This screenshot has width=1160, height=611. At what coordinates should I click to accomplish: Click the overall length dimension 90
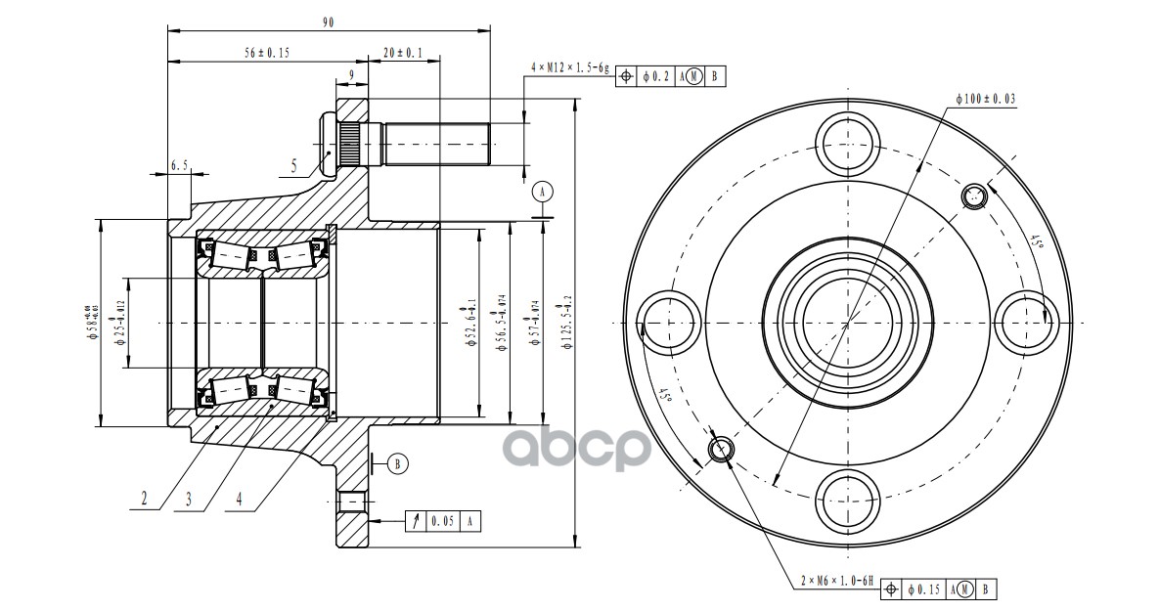click(x=327, y=22)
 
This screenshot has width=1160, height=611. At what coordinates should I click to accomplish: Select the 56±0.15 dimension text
click(x=267, y=53)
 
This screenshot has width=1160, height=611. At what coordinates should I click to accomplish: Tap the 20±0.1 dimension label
click(x=403, y=53)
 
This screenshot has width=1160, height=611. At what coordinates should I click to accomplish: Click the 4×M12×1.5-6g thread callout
click(x=569, y=68)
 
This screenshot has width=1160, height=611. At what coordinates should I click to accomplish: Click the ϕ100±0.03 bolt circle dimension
click(x=985, y=99)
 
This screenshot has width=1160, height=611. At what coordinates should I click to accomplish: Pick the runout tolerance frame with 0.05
click(x=445, y=521)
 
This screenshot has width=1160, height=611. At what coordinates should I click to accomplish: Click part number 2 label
click(x=144, y=499)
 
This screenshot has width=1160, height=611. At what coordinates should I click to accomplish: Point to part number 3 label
click(x=189, y=499)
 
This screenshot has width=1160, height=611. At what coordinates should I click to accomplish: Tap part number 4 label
click(x=239, y=499)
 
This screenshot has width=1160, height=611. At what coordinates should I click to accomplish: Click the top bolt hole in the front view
click(x=847, y=142)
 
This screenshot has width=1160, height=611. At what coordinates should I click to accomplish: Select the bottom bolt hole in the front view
click(x=847, y=500)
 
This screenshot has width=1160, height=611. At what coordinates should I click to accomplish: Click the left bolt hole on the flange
click(x=669, y=321)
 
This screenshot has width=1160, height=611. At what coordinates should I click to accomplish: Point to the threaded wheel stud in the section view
click(x=435, y=143)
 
